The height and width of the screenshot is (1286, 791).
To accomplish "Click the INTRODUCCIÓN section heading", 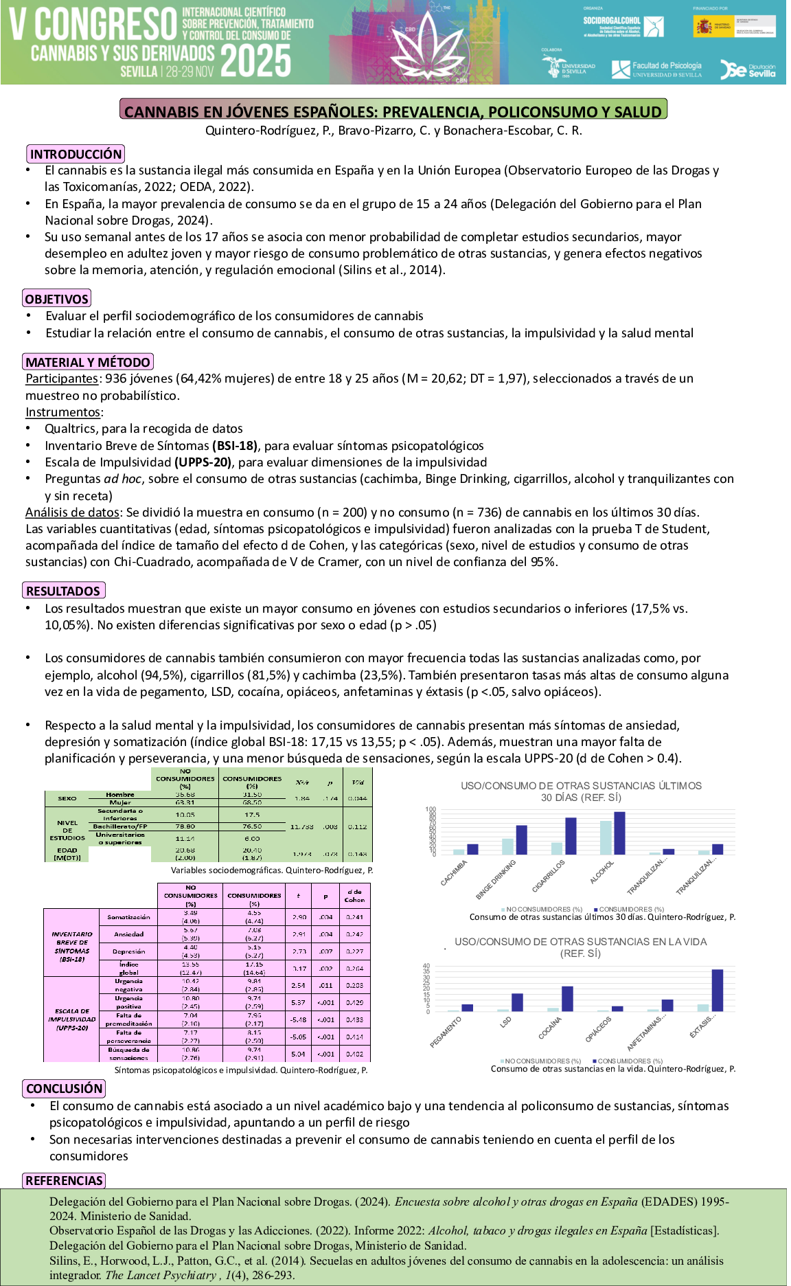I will (76, 154).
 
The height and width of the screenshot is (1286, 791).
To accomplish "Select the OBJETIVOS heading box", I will (57, 299).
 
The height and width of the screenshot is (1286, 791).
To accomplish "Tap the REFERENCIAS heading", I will (64, 1180).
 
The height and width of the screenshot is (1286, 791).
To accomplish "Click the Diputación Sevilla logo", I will (748, 69).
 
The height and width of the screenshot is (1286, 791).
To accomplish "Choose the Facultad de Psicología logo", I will (657, 69).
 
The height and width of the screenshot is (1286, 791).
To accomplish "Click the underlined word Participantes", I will (62, 379).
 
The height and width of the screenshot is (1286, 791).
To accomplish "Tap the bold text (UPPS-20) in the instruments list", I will (203, 462).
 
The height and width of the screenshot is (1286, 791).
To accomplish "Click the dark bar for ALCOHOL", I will (619, 833).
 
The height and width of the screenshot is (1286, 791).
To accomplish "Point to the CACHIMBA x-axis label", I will (455, 873).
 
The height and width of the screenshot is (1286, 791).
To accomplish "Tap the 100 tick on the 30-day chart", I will (431, 809).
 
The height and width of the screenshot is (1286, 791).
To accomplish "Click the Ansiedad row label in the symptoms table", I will (128, 934).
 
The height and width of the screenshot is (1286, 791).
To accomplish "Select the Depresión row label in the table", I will (128, 951).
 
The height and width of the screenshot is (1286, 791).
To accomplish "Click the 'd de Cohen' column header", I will (354, 896).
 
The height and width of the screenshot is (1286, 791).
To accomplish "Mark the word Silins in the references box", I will (65, 1261).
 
